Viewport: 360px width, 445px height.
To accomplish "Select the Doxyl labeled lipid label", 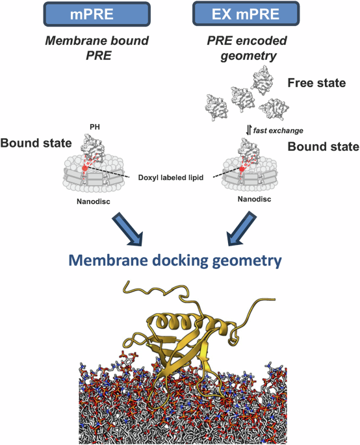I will tap(172, 177).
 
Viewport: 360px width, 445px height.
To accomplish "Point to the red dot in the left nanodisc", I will tap(85, 169).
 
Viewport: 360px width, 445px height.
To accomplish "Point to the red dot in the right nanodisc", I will tap(242, 169).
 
